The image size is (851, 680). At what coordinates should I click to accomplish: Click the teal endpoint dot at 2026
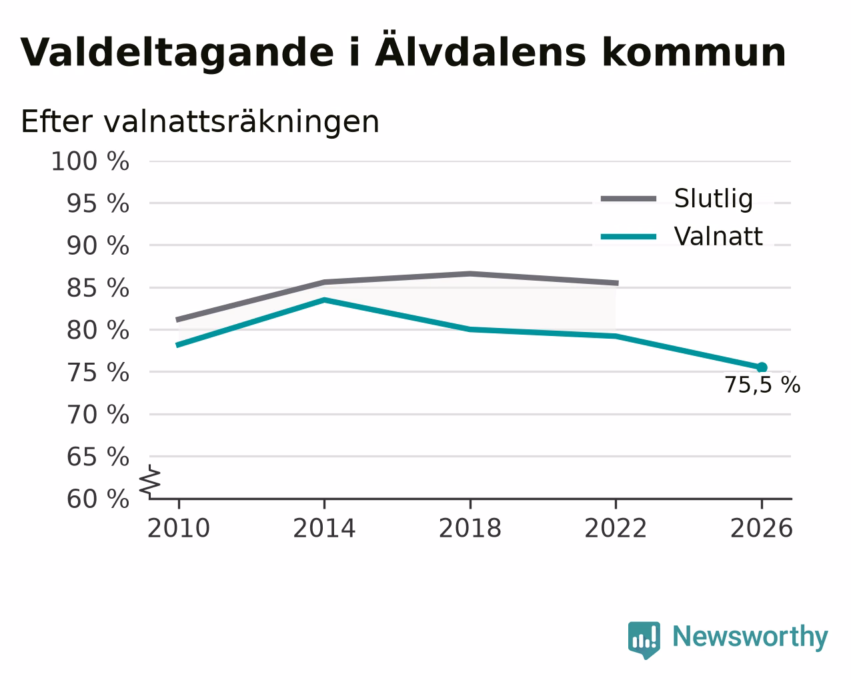click(762, 367)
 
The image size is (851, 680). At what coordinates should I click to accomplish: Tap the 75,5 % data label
click(762, 385)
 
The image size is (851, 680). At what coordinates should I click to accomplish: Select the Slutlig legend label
click(714, 199)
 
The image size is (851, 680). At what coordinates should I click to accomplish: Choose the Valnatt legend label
click(718, 237)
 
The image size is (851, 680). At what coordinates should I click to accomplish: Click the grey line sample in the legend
click(628, 199)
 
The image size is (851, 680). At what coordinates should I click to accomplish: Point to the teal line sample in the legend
click(628, 237)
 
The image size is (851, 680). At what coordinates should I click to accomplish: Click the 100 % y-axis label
click(90, 161)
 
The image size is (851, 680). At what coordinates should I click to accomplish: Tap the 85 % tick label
click(97, 288)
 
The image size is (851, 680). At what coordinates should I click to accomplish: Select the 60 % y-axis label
click(97, 499)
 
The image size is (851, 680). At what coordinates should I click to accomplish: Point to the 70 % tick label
click(97, 415)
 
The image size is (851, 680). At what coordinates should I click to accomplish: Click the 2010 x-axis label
click(178, 528)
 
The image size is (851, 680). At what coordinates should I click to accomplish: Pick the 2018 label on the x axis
click(470, 528)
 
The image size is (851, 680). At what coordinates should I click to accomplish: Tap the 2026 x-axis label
click(761, 528)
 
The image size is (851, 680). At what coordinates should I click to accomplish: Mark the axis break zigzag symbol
click(150, 481)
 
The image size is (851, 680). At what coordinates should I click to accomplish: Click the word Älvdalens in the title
click(480, 50)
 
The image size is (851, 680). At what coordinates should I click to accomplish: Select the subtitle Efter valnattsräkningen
click(200, 122)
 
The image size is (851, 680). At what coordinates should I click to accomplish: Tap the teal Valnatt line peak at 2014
click(324, 300)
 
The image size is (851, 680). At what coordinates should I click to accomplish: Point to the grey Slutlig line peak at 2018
click(470, 273)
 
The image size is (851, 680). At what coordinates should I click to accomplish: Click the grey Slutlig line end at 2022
click(618, 283)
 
